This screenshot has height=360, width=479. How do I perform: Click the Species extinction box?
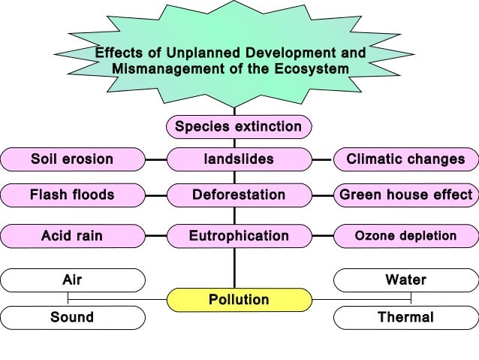coord(238,126)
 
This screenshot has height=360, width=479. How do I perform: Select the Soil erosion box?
coord(72,159)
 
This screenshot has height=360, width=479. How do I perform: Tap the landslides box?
coord(238,159)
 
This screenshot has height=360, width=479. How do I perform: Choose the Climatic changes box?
coord(405,159)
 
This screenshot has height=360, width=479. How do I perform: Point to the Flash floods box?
coord(72,195)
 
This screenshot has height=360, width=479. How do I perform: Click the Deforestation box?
coord(238,195)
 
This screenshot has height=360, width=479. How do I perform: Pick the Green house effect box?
coord(405,195)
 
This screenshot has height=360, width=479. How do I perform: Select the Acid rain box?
coord(72,236)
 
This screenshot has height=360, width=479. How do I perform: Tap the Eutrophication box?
coord(238,236)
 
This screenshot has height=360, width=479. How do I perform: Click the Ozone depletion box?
coord(405,236)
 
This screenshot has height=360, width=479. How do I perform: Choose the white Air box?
coord(72,280)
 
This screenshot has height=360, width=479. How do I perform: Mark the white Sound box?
coord(72,317)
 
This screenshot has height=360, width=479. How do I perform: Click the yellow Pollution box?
coord(238,300)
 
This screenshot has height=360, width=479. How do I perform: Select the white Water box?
coord(405,280)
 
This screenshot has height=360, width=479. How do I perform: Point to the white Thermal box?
coord(405,317)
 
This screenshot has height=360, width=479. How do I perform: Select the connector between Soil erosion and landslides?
coord(155,159)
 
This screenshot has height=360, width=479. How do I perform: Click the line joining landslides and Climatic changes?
coord(322,159)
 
